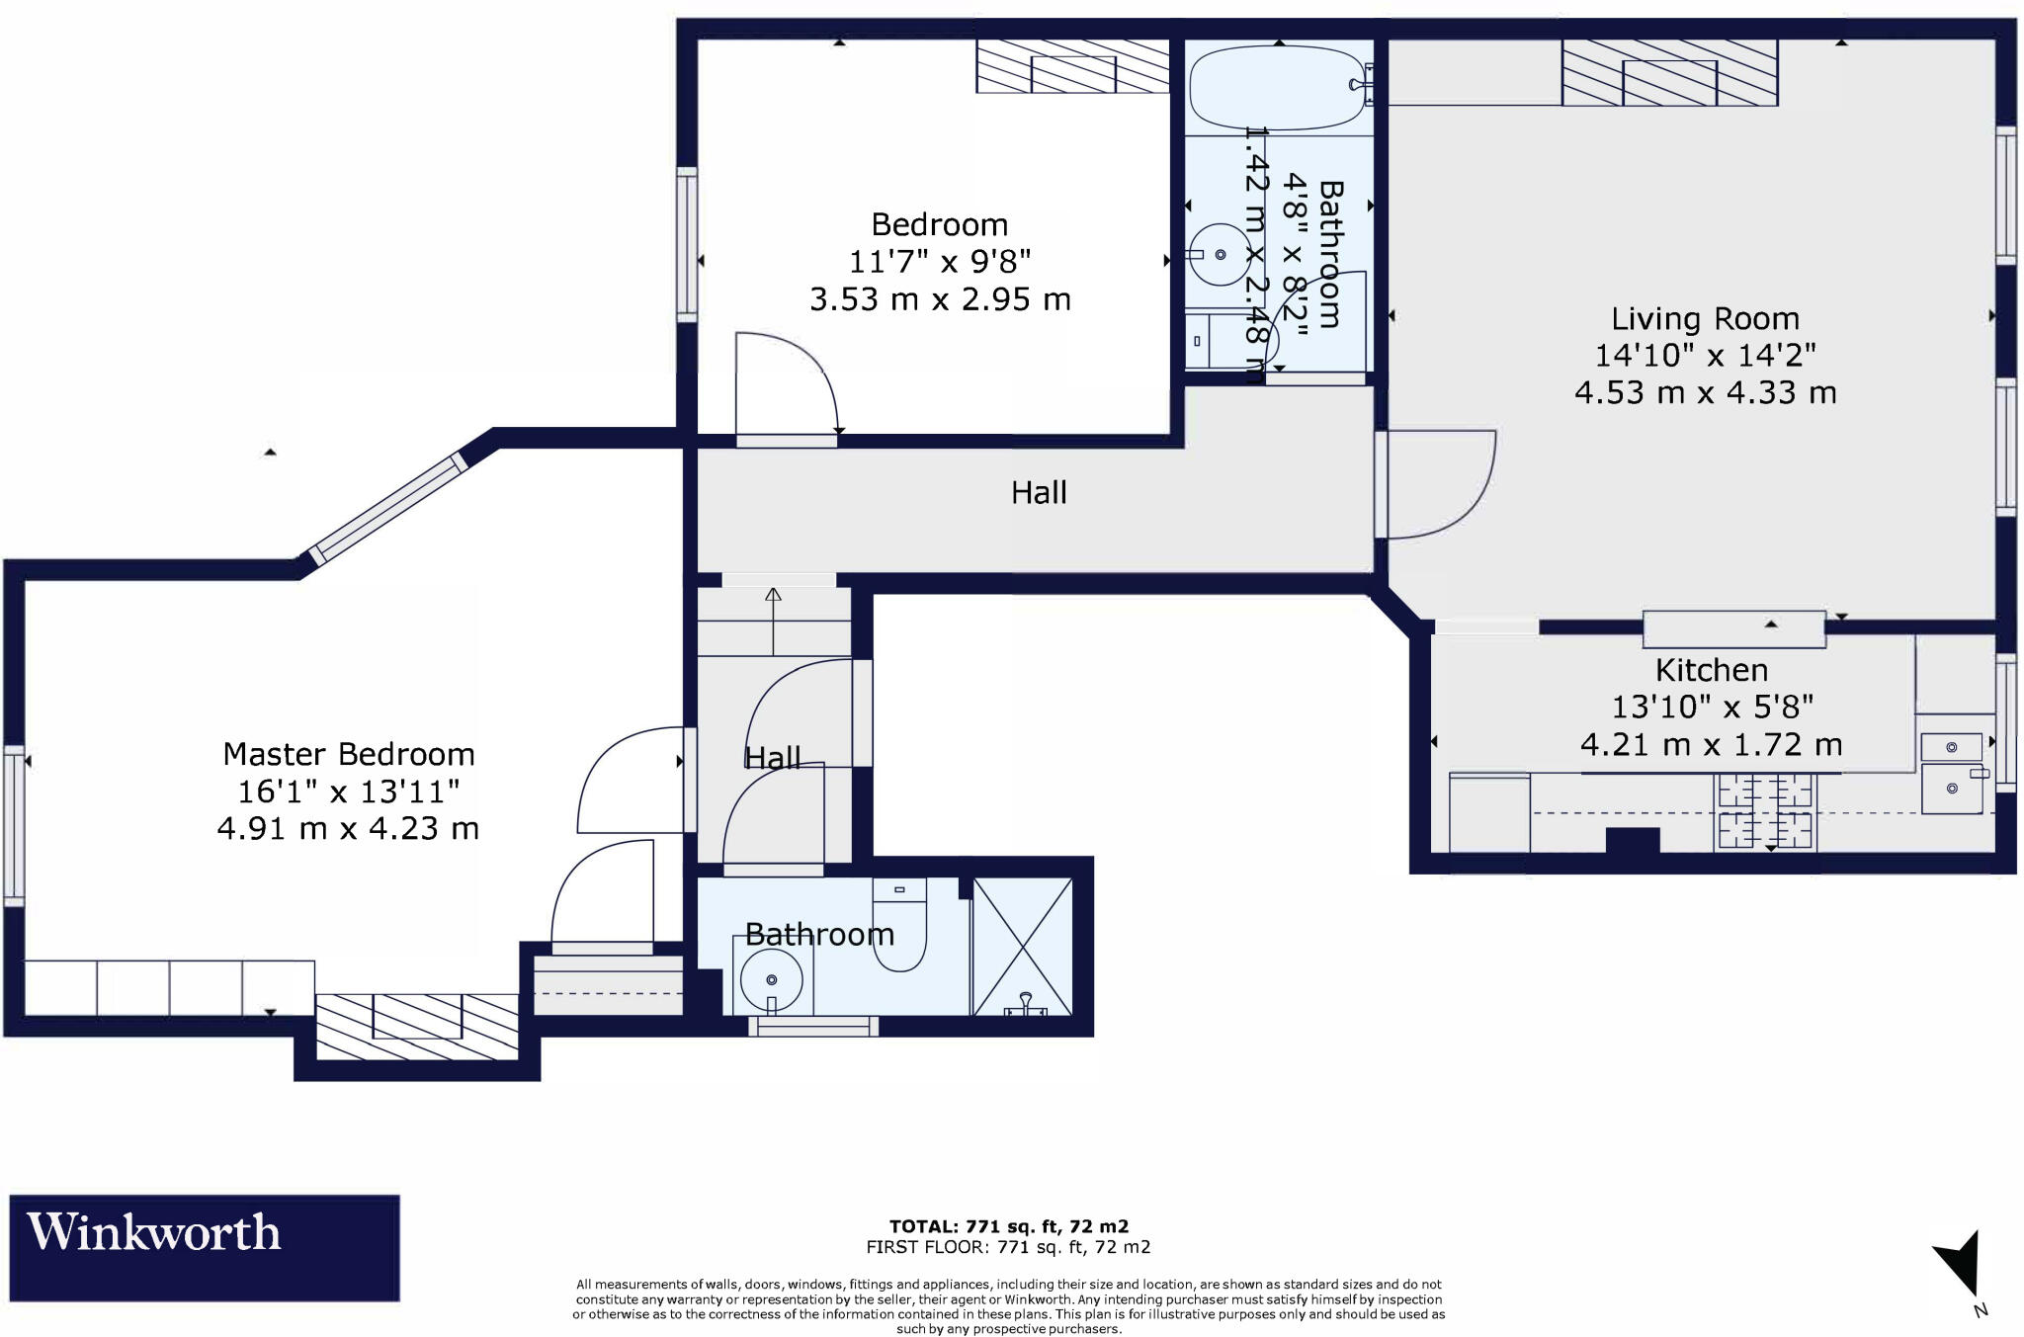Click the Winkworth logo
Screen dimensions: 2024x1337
pyautogui.click(x=205, y=1247)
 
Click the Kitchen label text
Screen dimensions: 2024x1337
pyautogui.click(x=1712, y=670)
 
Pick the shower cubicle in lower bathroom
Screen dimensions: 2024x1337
pyautogui.click(x=1022, y=947)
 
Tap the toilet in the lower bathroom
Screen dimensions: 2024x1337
pyautogui.click(x=899, y=924)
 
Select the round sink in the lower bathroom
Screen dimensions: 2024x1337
pyautogui.click(x=771, y=978)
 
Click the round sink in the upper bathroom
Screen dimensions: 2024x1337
pyautogui.click(x=1221, y=255)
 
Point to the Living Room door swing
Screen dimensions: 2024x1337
pyautogui.click(x=1441, y=484)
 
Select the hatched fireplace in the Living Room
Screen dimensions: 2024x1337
pyautogui.click(x=1669, y=72)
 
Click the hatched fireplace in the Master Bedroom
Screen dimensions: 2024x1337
pyautogui.click(x=417, y=1027)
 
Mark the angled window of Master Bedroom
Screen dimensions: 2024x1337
pyautogui.click(x=386, y=508)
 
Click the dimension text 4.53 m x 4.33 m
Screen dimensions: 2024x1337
pyautogui.click(x=1706, y=392)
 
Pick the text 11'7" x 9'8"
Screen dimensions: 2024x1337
pyautogui.click(x=940, y=262)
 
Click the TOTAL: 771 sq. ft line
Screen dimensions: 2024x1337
pyautogui.click(x=1009, y=1226)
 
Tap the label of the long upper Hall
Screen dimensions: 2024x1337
pyautogui.click(x=1039, y=492)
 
